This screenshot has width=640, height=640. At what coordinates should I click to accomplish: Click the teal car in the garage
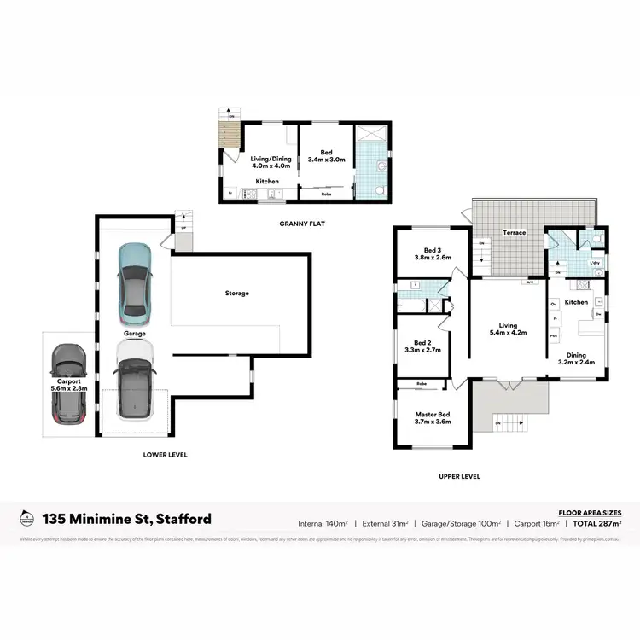pyautogui.click(x=134, y=279)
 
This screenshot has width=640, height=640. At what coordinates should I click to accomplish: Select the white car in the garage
pyautogui.click(x=134, y=381)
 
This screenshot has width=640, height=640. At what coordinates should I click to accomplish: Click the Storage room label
pyautogui.click(x=236, y=294)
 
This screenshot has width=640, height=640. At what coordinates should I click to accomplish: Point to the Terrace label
pyautogui.click(x=514, y=233)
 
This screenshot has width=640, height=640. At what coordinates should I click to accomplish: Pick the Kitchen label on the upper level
pyautogui.click(x=576, y=302)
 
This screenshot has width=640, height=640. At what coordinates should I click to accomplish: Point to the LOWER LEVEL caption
pyautogui.click(x=165, y=455)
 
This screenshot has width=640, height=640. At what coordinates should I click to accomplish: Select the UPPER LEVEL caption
pyautogui.click(x=459, y=476)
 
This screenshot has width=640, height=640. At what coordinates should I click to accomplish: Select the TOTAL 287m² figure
pyautogui.click(x=596, y=522)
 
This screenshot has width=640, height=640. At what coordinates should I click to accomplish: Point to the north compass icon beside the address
pyautogui.click(x=26, y=518)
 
